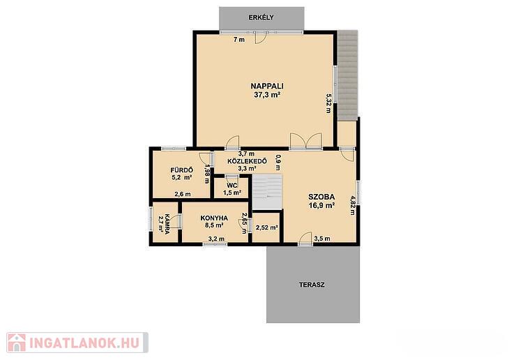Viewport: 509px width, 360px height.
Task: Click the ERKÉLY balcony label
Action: click(x=261, y=17)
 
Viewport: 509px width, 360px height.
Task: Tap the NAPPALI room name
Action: click(x=267, y=86)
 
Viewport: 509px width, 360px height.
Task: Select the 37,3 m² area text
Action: click(x=267, y=95)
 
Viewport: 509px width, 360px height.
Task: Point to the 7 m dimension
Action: click(x=239, y=40)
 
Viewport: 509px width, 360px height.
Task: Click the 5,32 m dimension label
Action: click(x=329, y=103)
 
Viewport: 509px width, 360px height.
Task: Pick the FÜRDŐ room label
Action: click(x=182, y=170)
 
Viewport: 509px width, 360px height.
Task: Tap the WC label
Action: click(x=231, y=186)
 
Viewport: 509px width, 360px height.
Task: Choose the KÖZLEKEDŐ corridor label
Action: click(x=248, y=161)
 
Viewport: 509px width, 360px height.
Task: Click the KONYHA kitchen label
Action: click(x=214, y=218)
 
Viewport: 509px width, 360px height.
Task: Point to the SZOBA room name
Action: click(x=321, y=197)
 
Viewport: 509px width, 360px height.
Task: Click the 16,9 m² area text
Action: click(x=321, y=205)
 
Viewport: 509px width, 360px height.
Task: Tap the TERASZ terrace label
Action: click(x=312, y=285)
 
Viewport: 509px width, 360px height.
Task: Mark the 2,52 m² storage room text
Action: click(x=266, y=227)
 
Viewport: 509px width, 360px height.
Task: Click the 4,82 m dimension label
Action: click(x=353, y=205)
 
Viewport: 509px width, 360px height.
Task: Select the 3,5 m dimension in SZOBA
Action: click(x=322, y=239)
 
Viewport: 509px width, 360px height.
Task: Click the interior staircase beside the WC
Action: click(x=267, y=192)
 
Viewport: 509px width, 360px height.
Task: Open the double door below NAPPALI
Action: click(x=306, y=141)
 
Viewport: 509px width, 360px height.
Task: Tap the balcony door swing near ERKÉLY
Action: click(x=261, y=38)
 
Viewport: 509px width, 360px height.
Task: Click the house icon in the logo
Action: click(x=17, y=343)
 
